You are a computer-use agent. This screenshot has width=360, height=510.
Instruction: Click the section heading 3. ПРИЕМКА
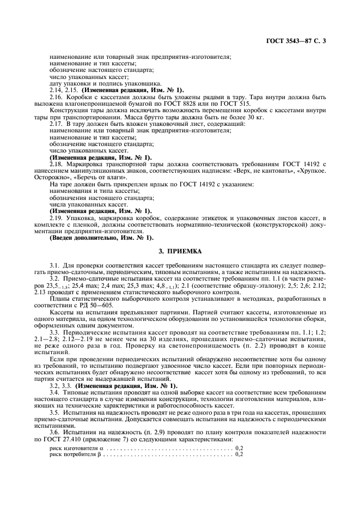180,251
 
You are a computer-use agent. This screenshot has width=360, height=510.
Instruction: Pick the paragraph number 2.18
56,163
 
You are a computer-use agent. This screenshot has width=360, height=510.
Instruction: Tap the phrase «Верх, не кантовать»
256,171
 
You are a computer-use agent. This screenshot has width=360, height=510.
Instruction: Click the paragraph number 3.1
54,265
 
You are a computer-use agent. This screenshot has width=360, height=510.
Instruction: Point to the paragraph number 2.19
56,217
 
